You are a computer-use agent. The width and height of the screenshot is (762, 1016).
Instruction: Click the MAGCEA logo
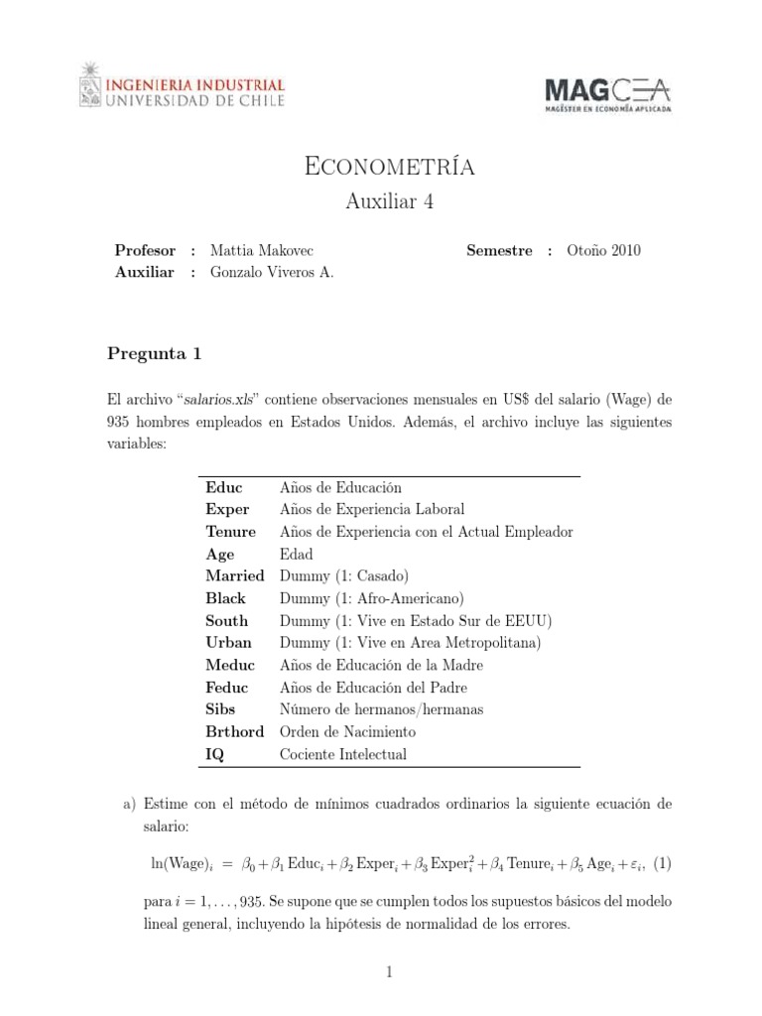coord(607,95)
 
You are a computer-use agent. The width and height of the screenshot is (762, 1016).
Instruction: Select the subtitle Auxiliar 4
coord(389,202)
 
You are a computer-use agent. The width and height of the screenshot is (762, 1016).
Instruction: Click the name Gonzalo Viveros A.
coord(272,273)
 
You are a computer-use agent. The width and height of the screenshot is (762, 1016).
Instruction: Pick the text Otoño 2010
coord(605,251)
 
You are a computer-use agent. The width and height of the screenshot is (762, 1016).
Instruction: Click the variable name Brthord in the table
coord(235,732)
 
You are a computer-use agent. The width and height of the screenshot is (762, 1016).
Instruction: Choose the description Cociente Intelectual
coord(343,754)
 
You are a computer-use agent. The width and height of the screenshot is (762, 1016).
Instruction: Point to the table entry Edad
coord(296,554)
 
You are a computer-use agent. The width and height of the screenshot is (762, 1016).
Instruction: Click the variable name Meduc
coord(230,665)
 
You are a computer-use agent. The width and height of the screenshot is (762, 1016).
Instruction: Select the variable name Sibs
coord(222,709)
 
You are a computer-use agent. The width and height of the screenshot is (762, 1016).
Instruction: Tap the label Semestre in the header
coord(499,251)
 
